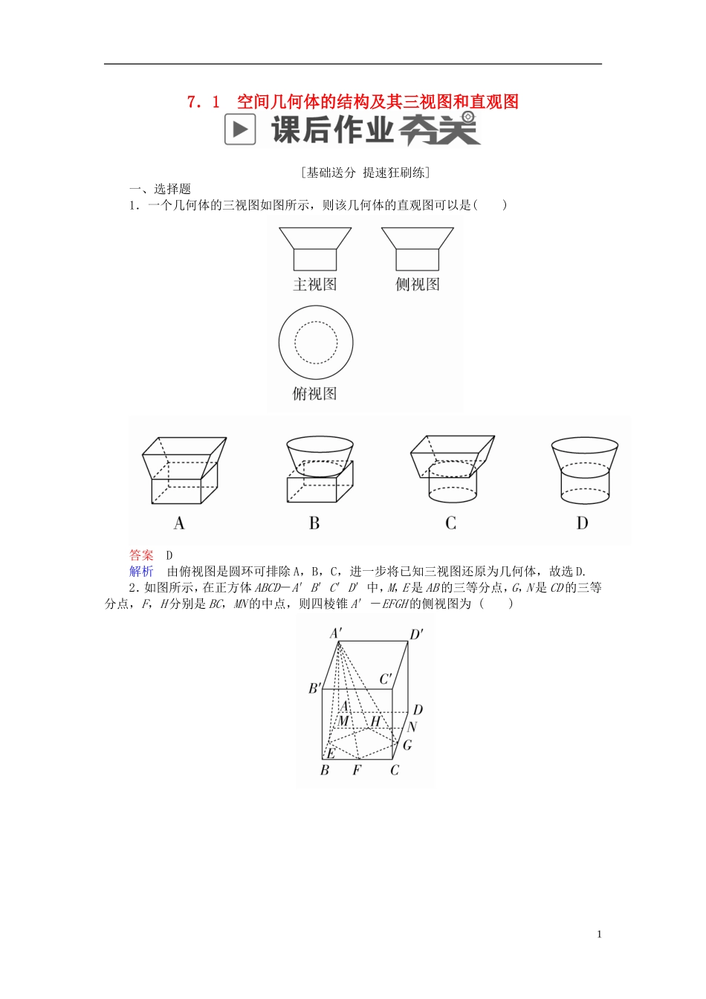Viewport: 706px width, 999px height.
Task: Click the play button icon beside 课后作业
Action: [240, 130]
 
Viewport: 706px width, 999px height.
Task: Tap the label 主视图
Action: [315, 285]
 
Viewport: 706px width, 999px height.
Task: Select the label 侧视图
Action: [418, 285]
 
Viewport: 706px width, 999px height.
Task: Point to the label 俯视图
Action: [315, 394]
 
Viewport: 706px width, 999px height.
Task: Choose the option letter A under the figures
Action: [179, 523]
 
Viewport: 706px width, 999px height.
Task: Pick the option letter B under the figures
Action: [314, 523]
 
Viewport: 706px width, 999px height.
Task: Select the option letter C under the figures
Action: [450, 523]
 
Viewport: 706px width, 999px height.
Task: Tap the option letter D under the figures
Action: [582, 523]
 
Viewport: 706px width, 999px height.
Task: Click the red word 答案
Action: [141, 555]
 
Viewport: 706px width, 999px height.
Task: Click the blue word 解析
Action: [141, 571]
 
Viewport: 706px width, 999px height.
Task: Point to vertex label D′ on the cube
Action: [417, 634]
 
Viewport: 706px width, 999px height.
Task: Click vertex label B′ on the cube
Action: [315, 688]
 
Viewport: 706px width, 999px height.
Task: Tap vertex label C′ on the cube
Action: [386, 679]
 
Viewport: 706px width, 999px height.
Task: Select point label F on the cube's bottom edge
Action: [357, 770]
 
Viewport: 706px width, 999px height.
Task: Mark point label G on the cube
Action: [407, 744]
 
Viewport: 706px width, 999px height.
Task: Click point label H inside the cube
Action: [375, 721]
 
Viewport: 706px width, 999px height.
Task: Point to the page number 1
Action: [600, 934]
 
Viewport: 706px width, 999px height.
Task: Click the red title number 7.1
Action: [204, 102]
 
